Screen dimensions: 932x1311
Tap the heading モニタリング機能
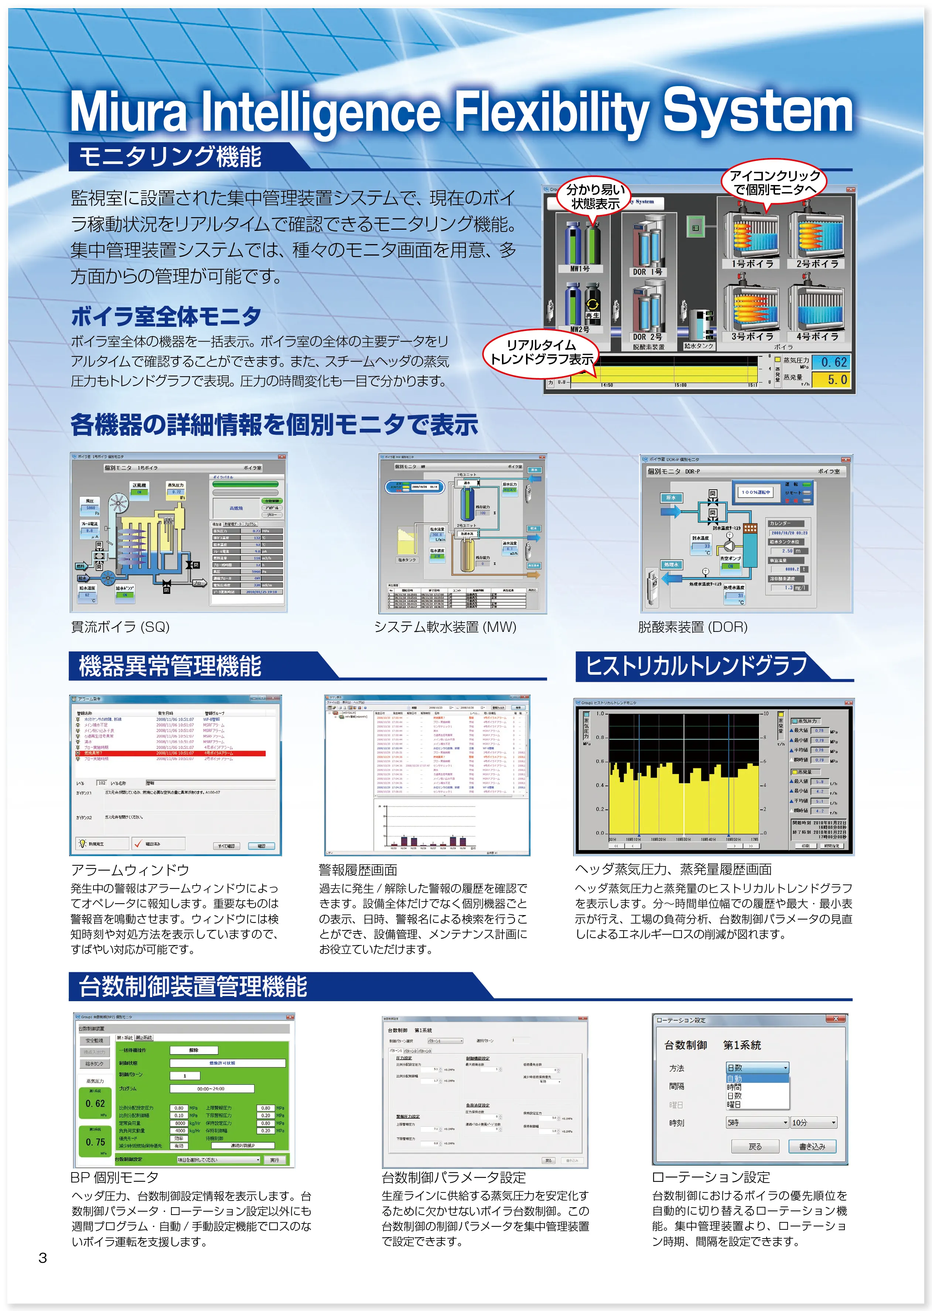170,156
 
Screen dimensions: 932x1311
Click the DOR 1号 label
647,272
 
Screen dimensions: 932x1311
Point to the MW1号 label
580,268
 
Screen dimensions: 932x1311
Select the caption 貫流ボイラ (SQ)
120,627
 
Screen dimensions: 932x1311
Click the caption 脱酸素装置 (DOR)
693,627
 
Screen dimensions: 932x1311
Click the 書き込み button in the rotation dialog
812,1146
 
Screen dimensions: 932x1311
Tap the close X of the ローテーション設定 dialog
836,1019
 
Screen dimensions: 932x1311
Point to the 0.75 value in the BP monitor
95,1142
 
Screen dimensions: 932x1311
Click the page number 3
42,1258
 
